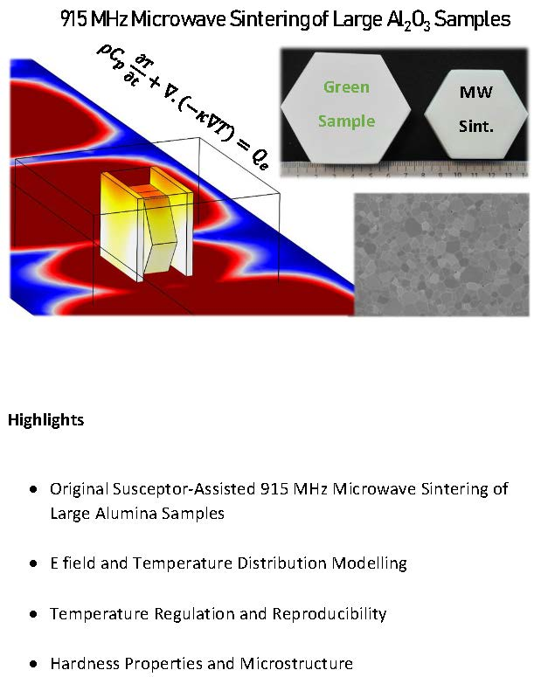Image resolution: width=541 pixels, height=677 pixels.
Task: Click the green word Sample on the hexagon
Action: (x=347, y=121)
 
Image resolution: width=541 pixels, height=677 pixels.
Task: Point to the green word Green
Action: (x=347, y=87)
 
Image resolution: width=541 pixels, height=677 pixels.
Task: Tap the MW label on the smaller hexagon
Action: (x=475, y=92)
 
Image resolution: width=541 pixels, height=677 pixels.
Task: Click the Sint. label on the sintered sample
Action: (x=475, y=126)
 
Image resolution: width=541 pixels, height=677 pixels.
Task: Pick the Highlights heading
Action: (x=45, y=420)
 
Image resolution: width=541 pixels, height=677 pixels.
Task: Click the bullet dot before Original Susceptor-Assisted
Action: (x=33, y=489)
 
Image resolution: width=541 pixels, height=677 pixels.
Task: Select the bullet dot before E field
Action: (x=33, y=564)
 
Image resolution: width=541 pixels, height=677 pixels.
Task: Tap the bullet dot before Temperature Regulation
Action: (x=33, y=614)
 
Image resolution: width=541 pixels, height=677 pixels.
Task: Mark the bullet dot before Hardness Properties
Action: (x=33, y=664)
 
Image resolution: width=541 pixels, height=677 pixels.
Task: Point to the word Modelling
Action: (x=370, y=564)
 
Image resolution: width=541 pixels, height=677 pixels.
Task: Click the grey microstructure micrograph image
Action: (x=441, y=255)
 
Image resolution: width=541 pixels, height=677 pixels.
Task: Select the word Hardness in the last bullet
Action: (x=83, y=663)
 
